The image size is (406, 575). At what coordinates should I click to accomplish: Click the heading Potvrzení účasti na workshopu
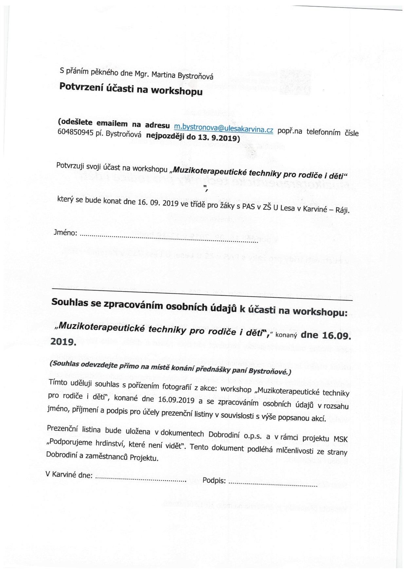pos(131,89)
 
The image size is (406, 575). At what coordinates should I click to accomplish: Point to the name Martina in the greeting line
pos(164,75)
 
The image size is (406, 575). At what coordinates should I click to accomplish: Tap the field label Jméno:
pos(65,233)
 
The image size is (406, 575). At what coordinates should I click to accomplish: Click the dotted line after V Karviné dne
pos(140,479)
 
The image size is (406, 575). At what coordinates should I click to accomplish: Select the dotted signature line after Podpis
pos(273,484)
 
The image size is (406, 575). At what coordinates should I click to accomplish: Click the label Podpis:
pos(214,481)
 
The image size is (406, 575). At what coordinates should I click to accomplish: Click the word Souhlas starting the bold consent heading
pos(70,302)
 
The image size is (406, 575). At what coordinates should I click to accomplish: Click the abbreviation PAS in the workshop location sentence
pos(248,207)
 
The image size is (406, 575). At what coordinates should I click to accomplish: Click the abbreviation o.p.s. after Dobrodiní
pos(252,436)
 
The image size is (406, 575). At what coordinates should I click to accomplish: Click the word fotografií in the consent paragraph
pos(176,387)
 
